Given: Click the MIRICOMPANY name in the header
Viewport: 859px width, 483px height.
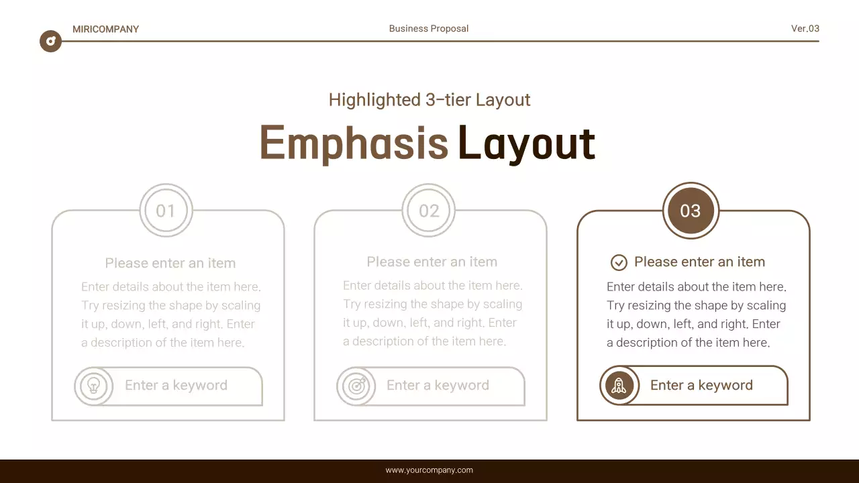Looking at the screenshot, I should [105, 29].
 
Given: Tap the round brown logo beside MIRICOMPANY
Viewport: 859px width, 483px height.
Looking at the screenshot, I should [50, 42].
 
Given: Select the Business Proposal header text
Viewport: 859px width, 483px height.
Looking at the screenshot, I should [429, 29].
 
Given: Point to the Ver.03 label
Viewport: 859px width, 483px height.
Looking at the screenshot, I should [805, 28].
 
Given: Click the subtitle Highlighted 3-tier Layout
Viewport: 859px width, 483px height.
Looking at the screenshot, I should [429, 100].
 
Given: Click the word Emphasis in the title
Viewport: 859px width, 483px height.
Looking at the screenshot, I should [354, 144].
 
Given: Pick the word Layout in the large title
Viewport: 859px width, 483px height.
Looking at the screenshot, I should [526, 144].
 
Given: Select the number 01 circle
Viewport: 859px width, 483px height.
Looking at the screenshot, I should [166, 211].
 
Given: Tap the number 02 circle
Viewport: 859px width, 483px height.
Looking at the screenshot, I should [429, 211].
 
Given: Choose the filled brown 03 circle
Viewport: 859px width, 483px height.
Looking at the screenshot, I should [691, 211].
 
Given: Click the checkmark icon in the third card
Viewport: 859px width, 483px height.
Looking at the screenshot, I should [619, 262].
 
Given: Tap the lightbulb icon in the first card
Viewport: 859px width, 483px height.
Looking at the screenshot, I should [94, 386].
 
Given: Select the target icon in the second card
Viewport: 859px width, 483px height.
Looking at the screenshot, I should [356, 386].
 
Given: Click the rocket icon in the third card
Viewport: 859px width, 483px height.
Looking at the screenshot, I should [619, 386].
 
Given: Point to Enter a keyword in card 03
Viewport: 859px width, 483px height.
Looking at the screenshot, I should [701, 385].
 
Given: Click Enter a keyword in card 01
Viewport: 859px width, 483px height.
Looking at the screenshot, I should [176, 385].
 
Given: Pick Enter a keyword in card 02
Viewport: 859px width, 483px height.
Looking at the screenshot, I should [438, 385].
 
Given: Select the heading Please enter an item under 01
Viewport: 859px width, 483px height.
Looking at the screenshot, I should [170, 263].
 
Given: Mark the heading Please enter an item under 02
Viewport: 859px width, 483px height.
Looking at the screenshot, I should [432, 262].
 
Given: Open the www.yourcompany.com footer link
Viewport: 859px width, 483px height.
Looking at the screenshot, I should [429, 470].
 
